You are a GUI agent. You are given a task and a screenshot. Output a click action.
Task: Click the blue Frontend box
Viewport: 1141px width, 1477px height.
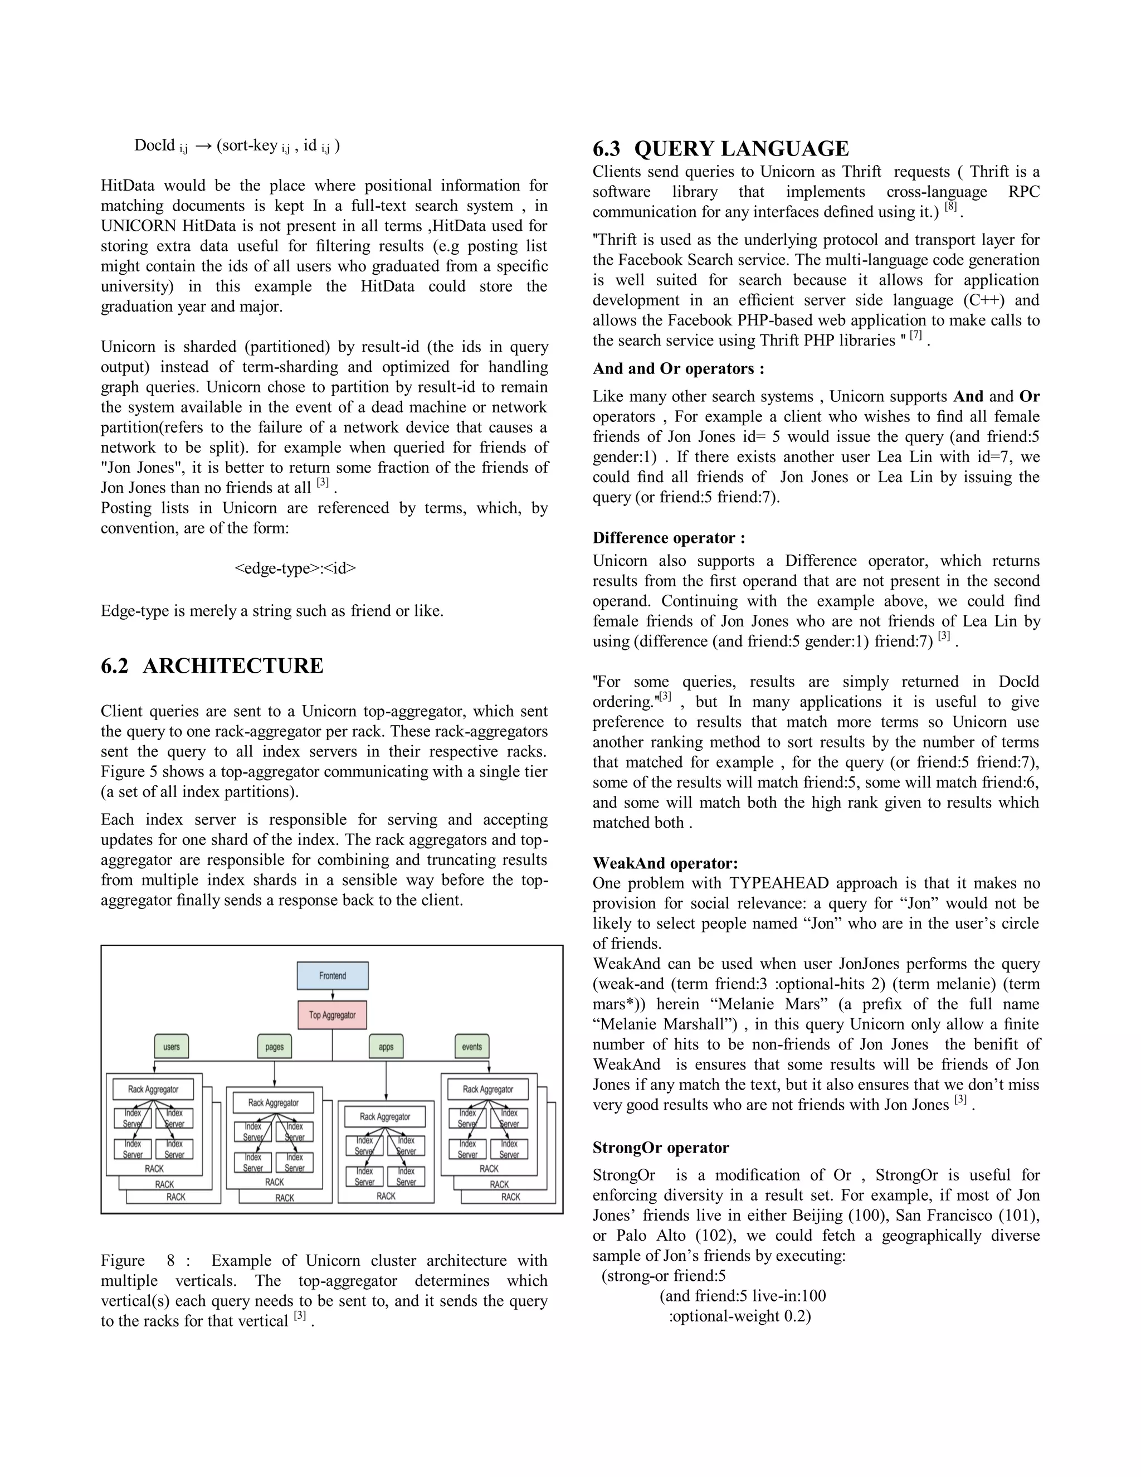(333, 976)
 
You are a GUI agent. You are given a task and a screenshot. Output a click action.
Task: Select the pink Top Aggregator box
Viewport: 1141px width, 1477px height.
(333, 1015)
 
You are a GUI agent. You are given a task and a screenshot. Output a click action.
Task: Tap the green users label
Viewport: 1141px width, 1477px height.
(172, 1047)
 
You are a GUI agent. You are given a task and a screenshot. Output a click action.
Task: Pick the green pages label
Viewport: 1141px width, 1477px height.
(275, 1047)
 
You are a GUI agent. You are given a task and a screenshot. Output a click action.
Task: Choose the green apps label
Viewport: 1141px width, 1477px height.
(386, 1047)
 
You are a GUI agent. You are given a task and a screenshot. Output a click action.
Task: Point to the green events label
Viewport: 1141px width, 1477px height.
(472, 1047)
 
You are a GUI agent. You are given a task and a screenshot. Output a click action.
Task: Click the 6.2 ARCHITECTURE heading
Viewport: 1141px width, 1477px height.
(212, 666)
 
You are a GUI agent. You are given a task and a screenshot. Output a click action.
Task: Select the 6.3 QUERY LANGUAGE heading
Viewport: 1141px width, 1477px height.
(720, 149)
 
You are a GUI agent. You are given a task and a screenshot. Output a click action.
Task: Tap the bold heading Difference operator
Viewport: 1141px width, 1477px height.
(669, 538)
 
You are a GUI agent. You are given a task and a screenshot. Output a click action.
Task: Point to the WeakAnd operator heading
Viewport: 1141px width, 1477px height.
(665, 863)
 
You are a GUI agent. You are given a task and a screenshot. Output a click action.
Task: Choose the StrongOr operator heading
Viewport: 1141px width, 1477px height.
(660, 1148)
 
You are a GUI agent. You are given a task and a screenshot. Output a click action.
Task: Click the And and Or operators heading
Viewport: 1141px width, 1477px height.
(679, 368)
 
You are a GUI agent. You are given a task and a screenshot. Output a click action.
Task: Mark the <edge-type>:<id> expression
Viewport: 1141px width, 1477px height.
(295, 568)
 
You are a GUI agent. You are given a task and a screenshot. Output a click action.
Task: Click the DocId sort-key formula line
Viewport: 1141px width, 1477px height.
(237, 146)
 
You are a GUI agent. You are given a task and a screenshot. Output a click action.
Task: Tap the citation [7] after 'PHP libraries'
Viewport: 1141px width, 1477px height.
(916, 336)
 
